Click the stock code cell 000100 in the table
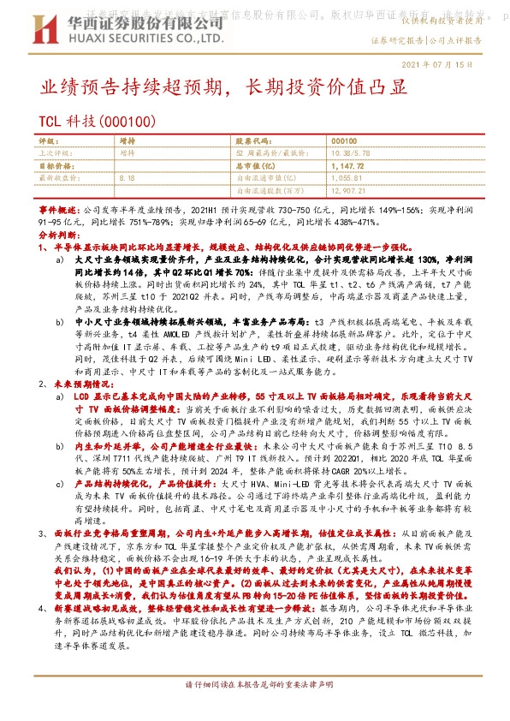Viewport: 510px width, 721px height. pyautogui.click(x=344, y=140)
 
